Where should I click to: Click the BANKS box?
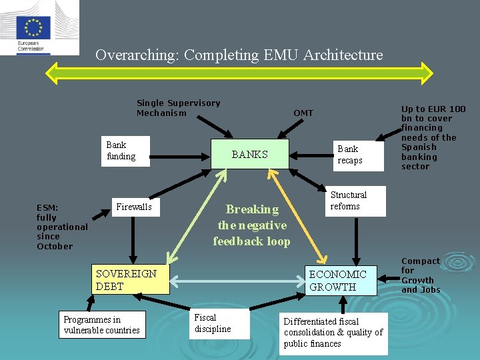click(x=250, y=154)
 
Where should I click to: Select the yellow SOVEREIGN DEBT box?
click(x=131, y=279)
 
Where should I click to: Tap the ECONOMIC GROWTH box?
click(x=341, y=281)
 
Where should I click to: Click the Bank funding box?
click(x=125, y=151)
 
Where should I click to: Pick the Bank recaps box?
click(x=359, y=156)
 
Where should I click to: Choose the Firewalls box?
click(x=135, y=207)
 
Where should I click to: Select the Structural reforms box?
click(x=355, y=201)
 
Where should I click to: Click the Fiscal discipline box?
click(x=219, y=323)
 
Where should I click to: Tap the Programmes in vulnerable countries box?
click(x=102, y=325)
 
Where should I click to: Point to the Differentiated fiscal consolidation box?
click(x=333, y=334)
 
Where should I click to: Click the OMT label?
click(x=303, y=113)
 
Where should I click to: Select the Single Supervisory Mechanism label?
click(x=179, y=108)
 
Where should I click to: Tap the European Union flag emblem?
click(x=33, y=28)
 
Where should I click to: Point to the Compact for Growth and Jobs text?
click(x=421, y=275)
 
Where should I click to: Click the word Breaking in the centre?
click(x=252, y=209)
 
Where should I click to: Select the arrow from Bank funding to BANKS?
click(x=180, y=157)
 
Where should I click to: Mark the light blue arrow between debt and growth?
click(x=237, y=281)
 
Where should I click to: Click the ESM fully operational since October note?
click(x=62, y=227)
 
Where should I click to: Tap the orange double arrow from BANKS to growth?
click(x=297, y=216)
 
